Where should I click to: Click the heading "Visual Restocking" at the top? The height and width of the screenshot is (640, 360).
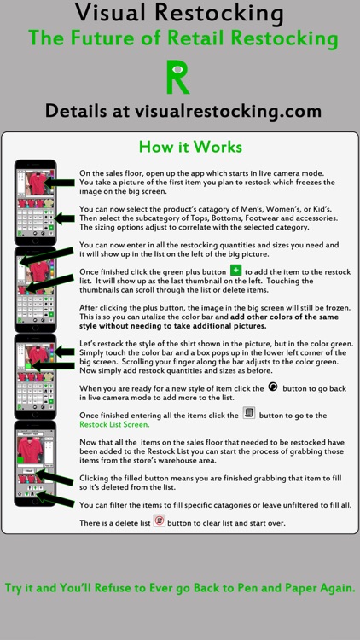(x=180, y=13)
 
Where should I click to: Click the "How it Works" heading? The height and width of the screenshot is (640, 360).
(x=190, y=147)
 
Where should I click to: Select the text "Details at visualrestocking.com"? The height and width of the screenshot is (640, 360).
(x=183, y=111)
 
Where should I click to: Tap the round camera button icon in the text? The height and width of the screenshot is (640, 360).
(x=274, y=387)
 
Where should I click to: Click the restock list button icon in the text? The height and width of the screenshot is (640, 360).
(x=249, y=413)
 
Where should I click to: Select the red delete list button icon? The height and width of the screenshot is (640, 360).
(x=160, y=521)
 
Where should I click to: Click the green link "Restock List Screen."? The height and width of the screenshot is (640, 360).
(x=114, y=424)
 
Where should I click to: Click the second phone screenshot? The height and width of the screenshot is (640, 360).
(x=36, y=289)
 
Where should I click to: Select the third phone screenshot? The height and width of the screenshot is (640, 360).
(x=36, y=376)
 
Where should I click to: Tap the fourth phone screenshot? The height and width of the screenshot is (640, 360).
(x=36, y=463)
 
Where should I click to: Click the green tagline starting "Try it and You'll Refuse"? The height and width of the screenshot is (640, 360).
(x=180, y=588)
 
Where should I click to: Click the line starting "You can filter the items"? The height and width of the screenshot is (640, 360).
(x=216, y=505)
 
